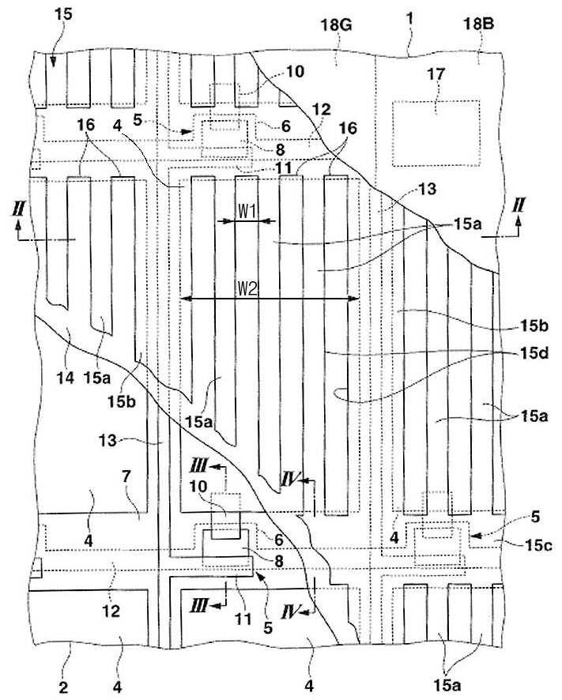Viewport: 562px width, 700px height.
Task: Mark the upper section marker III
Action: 201,461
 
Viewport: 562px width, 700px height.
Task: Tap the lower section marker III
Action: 201,604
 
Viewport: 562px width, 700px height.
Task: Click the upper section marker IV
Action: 289,479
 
